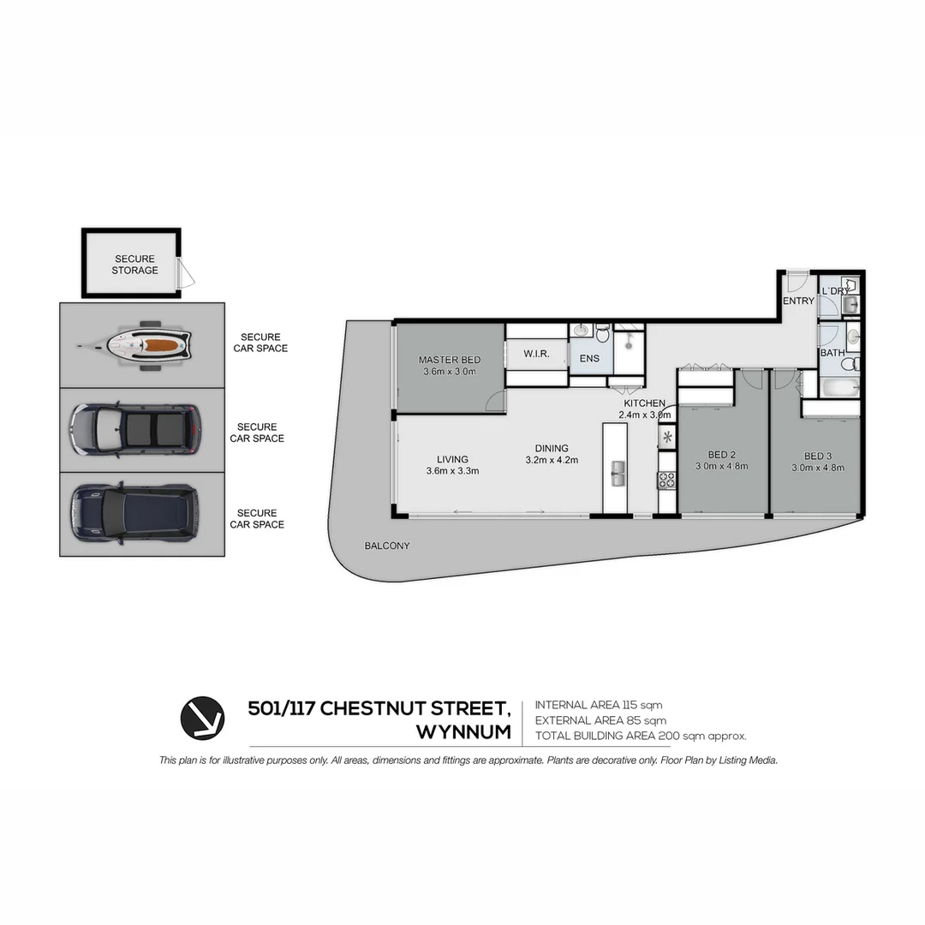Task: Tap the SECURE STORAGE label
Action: coord(134,265)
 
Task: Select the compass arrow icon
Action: coord(202,718)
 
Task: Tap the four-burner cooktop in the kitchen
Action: coord(666,480)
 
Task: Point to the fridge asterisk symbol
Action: coord(667,439)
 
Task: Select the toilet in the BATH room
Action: coord(848,365)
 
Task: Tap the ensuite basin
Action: coord(582,330)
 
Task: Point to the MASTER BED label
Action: coord(449,361)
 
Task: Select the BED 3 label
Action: coord(818,456)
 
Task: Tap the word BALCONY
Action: coord(387,546)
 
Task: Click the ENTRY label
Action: coord(798,301)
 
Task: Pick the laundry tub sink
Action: coord(850,304)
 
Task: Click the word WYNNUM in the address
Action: coord(463,733)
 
